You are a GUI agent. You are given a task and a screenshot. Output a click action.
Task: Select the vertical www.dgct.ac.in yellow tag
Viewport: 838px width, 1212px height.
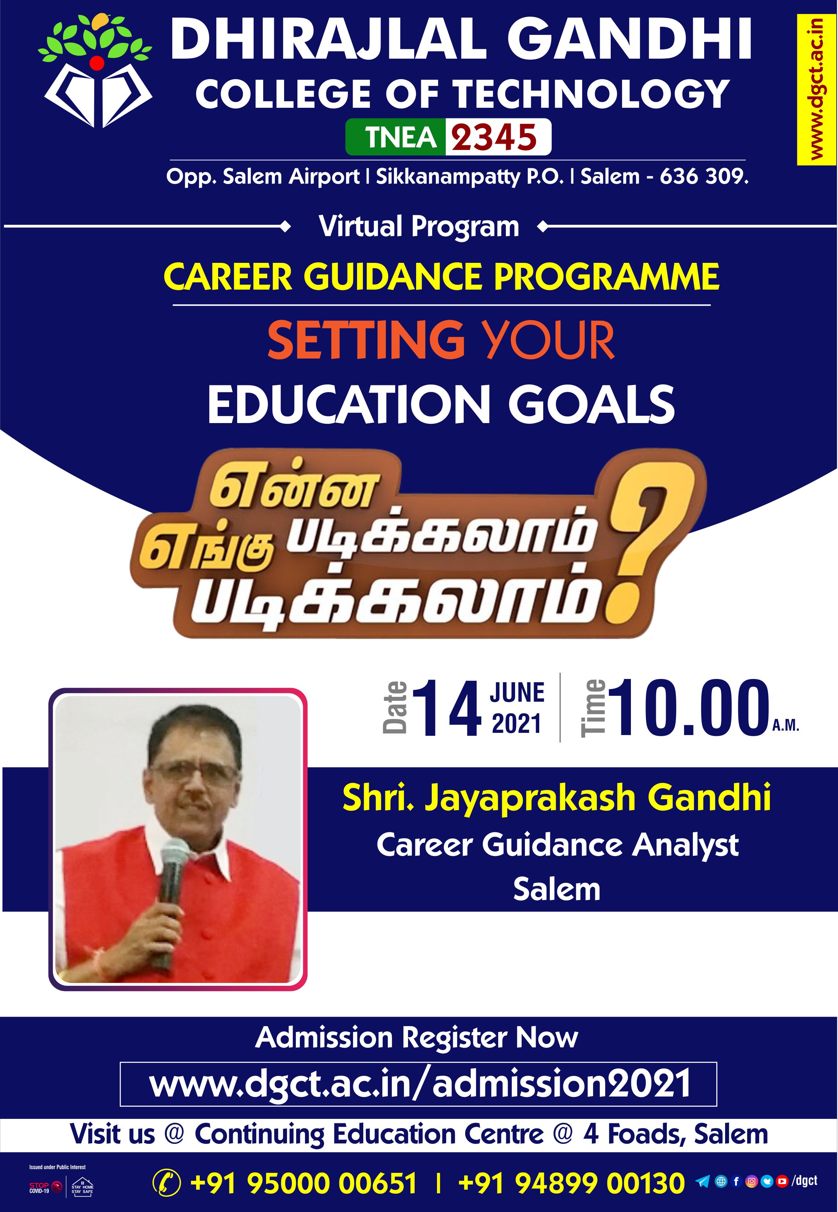(x=816, y=89)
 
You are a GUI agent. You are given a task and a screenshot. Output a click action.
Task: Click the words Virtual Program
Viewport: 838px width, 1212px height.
(x=419, y=226)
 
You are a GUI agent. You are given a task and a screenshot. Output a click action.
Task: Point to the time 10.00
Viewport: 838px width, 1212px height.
(x=688, y=709)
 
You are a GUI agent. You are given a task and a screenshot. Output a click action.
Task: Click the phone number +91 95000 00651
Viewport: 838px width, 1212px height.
(x=304, y=1184)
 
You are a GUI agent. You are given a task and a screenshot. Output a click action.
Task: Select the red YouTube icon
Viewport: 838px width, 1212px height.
(x=782, y=1182)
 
